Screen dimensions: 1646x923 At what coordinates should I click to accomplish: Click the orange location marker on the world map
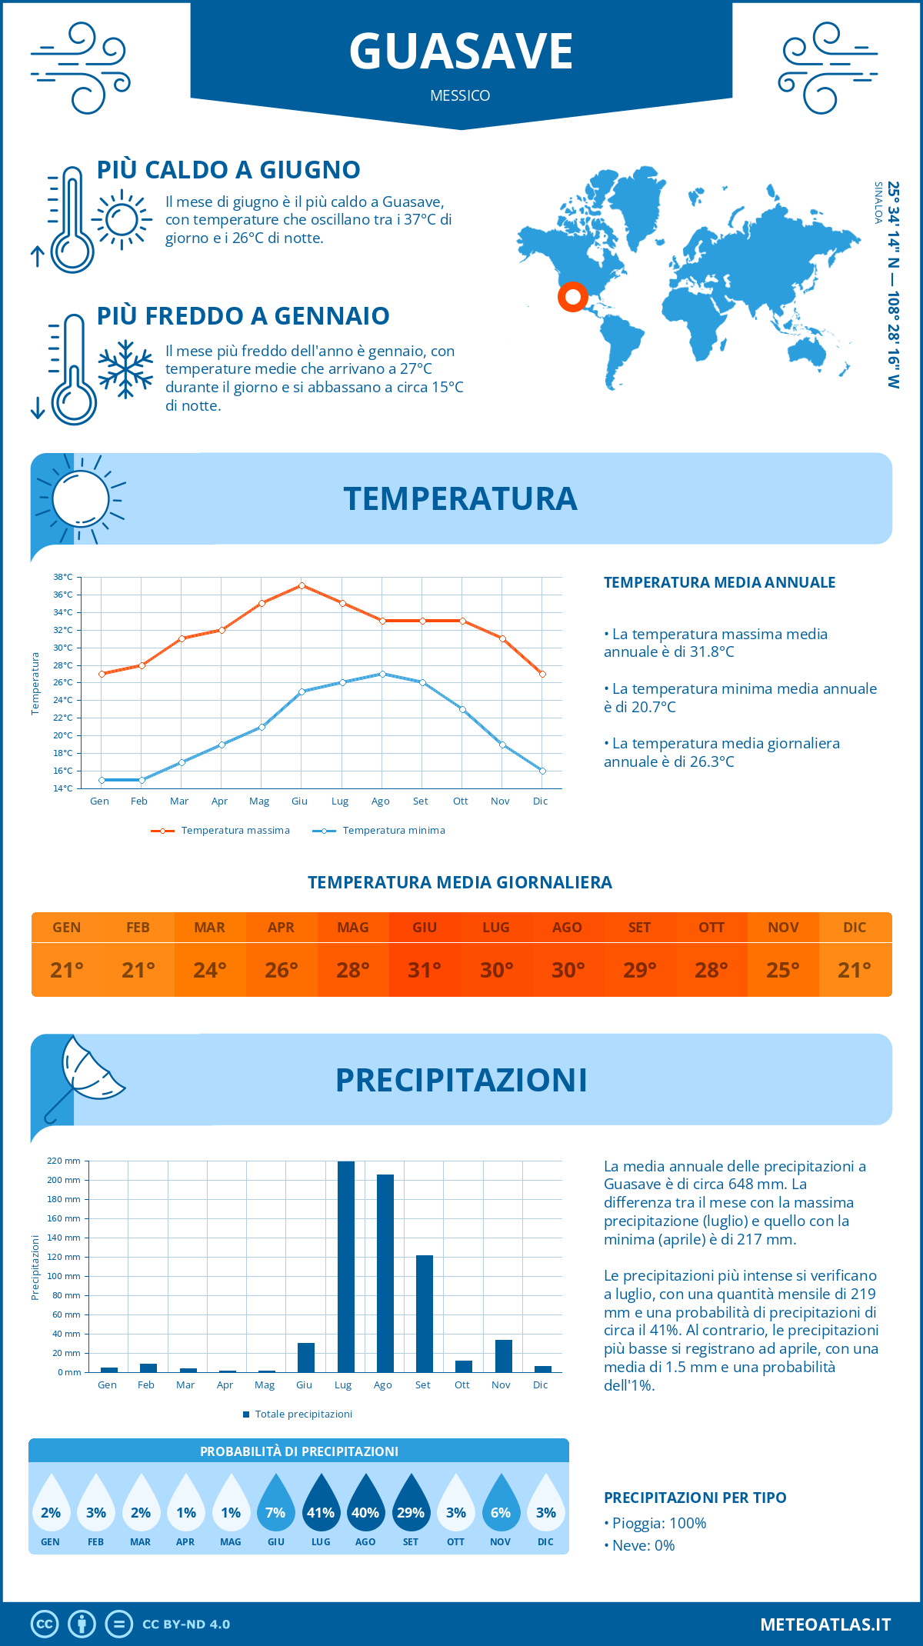click(572, 296)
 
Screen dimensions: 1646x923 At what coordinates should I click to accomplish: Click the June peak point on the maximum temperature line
click(302, 585)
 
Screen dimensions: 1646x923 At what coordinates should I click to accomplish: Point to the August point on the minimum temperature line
click(382, 674)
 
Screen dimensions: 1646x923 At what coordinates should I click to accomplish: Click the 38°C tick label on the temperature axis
click(63, 577)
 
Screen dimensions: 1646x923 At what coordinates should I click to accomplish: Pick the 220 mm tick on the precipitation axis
click(64, 1161)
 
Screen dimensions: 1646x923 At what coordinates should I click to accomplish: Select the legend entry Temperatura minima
click(393, 831)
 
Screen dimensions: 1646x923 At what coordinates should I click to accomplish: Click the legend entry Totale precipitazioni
click(303, 1414)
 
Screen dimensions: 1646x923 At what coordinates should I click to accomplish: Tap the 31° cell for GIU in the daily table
click(425, 970)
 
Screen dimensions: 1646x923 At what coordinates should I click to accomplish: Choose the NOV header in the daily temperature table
click(783, 928)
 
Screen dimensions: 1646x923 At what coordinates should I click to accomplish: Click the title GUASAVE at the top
click(461, 52)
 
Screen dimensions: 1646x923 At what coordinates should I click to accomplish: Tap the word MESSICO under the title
click(460, 95)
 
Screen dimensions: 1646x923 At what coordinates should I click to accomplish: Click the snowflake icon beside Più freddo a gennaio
click(125, 369)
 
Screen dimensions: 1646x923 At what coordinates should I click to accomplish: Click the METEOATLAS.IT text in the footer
click(825, 1624)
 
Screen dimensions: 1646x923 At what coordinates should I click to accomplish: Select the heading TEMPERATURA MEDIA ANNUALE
click(719, 582)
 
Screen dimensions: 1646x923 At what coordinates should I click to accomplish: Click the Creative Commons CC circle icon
click(45, 1624)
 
